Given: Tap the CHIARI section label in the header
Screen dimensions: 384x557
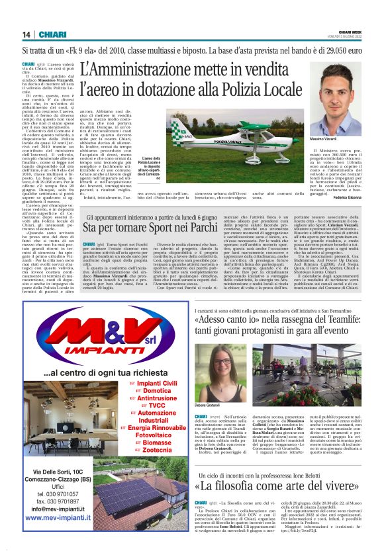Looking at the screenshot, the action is point(52,34).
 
